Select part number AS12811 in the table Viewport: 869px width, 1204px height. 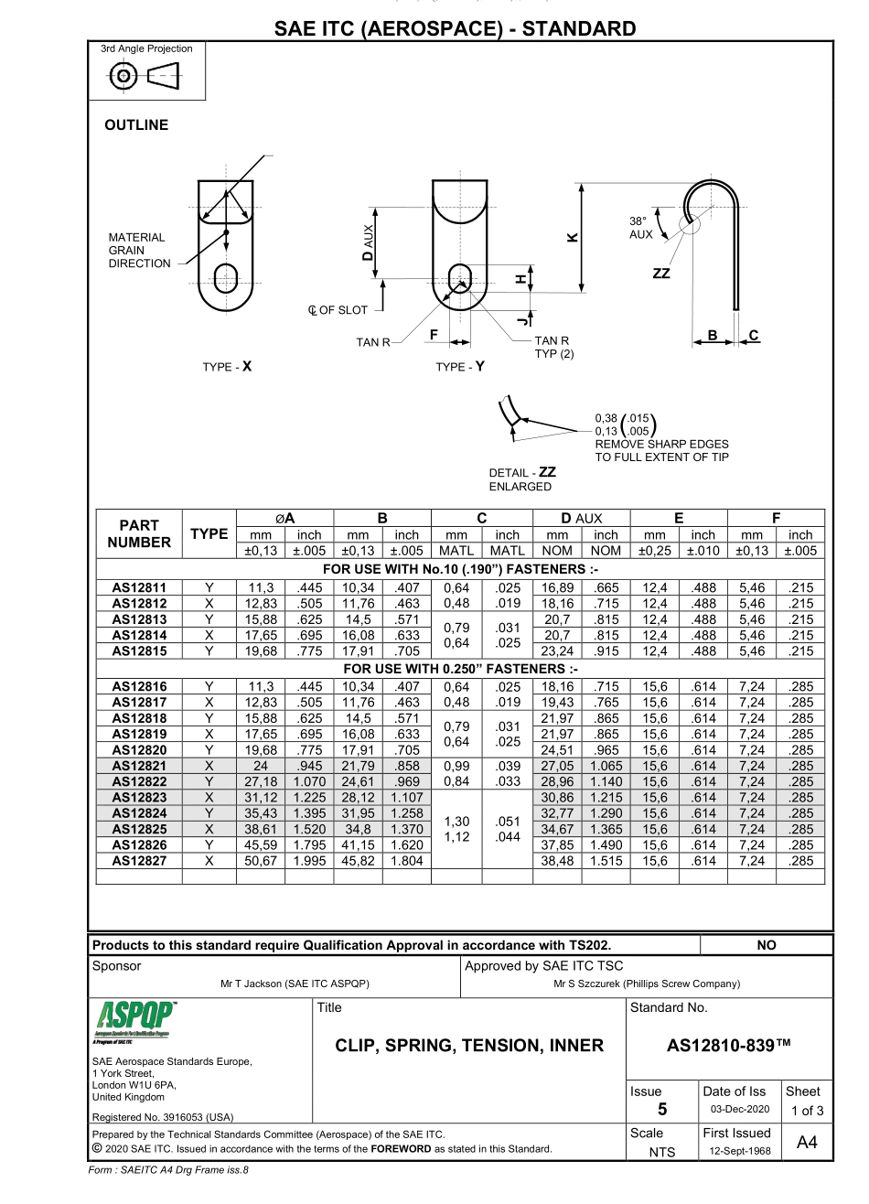[x=140, y=586]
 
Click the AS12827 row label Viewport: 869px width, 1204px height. [x=140, y=861]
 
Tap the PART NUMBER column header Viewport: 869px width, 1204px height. [x=140, y=533]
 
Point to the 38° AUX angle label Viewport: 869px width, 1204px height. [x=641, y=228]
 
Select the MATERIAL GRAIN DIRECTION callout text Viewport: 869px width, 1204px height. [x=138, y=251]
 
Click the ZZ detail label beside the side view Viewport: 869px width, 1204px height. [x=660, y=273]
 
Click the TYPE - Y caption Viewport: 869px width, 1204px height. [x=460, y=367]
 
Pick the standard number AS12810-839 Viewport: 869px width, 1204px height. [x=728, y=1046]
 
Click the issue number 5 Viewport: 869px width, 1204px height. [x=663, y=1110]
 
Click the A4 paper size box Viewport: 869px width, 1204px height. [x=806, y=1142]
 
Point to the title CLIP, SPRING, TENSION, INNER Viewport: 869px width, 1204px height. [x=469, y=1046]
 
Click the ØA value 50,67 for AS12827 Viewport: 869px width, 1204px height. [x=260, y=861]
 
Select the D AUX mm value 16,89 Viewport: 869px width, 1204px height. [x=557, y=586]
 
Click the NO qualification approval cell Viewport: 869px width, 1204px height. [x=767, y=945]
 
